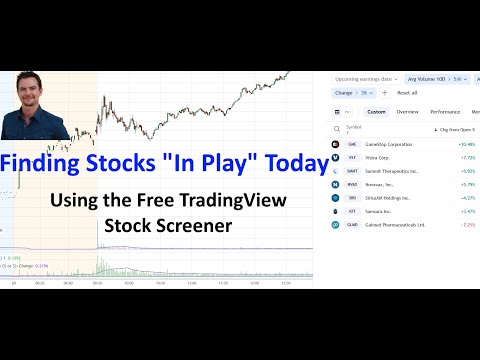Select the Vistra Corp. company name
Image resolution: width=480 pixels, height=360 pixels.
(375, 156)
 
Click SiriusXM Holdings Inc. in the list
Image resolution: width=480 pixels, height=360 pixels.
(386, 197)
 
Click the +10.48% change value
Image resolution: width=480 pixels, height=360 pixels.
(466, 143)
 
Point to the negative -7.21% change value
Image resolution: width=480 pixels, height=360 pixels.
(467, 225)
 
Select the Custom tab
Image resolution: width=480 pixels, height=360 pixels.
(375, 112)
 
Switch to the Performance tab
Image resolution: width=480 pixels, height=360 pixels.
(446, 112)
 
